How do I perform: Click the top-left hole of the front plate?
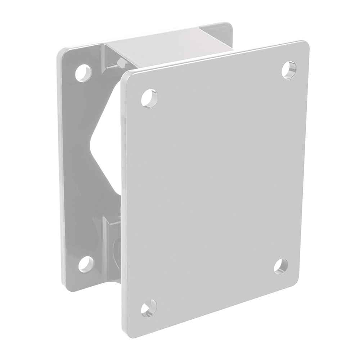[149, 98]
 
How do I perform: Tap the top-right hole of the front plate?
[289, 69]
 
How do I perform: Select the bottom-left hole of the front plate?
[149, 308]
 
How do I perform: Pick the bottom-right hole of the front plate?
[281, 267]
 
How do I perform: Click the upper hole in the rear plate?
[83, 73]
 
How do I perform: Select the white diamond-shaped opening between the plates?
[106, 144]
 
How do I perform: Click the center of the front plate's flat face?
[216, 187]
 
